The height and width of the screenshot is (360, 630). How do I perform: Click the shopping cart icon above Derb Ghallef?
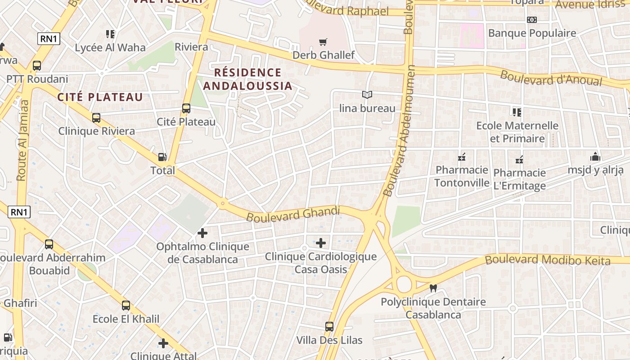[x=323, y=42]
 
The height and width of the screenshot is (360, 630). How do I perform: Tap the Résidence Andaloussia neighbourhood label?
[x=247, y=79]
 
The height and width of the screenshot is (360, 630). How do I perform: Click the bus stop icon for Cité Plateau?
[x=186, y=108]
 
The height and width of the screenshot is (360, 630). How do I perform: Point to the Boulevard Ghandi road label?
[x=293, y=214]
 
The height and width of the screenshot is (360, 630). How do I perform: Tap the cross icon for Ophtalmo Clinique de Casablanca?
[x=202, y=233]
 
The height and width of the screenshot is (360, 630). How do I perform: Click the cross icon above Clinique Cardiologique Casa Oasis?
[x=320, y=243]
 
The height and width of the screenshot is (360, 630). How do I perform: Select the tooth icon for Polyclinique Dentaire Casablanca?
[x=433, y=288]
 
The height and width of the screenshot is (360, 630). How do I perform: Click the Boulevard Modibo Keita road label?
[x=547, y=260]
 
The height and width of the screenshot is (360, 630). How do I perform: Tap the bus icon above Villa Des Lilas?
[x=329, y=326]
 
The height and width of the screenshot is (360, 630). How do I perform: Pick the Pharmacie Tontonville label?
[x=462, y=176]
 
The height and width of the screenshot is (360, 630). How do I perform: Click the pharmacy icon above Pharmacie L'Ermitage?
[x=519, y=160]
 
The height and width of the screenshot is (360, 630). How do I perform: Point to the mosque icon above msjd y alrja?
[x=595, y=157]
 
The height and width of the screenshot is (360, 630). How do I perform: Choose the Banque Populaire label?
[x=532, y=33]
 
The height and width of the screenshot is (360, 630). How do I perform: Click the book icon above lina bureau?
[x=367, y=95]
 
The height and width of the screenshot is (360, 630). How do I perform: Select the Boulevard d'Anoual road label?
[x=551, y=77]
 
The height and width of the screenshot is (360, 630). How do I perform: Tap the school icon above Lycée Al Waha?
[x=110, y=34]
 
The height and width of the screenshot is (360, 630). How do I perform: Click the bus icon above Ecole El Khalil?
[x=126, y=306]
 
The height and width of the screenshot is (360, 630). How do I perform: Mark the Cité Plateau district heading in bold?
[x=100, y=97]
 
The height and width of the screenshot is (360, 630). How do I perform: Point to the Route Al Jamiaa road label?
[x=23, y=140]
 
